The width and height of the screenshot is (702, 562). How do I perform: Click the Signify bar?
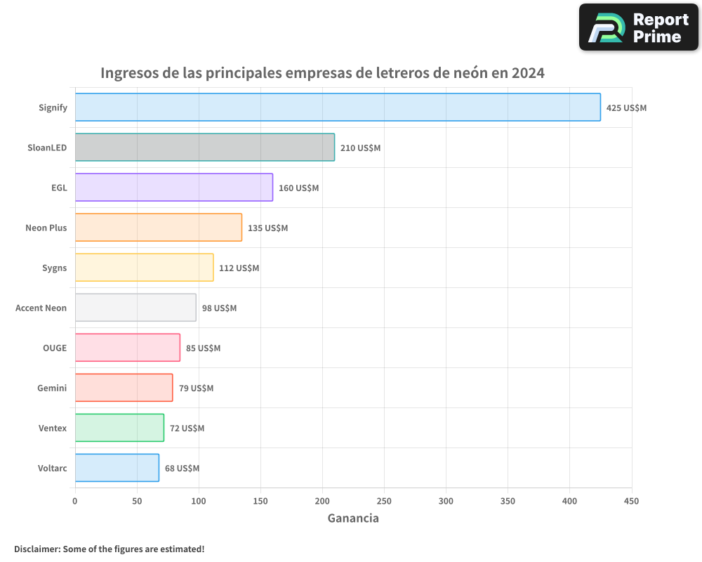point(337,107)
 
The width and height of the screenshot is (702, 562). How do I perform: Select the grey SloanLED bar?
point(204,148)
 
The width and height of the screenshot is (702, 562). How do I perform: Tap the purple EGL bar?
point(173,188)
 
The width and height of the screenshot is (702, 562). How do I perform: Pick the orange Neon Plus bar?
point(158,228)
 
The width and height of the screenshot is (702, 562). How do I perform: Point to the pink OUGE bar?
point(127,348)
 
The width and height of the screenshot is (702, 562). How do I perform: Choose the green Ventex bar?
point(119,428)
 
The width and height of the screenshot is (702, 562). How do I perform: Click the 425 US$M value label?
point(626,108)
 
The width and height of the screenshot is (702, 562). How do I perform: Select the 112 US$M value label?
point(239,268)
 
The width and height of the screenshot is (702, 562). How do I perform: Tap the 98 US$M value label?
point(219,308)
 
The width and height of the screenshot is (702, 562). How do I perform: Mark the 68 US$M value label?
point(182,469)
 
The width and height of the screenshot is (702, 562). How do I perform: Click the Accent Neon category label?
point(41,308)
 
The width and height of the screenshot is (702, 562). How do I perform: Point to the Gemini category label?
point(52,388)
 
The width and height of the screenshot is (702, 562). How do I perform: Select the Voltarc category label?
point(53,468)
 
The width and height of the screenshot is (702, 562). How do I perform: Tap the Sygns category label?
point(54,268)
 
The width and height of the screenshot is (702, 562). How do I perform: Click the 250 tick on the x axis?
point(384,501)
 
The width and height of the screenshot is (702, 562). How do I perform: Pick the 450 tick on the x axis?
point(631,501)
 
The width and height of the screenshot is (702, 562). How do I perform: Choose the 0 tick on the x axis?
point(75,501)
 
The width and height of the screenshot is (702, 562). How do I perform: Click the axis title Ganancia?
point(353,518)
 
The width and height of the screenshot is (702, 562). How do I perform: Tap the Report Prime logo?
point(638,27)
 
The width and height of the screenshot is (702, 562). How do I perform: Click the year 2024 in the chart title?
point(527,73)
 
